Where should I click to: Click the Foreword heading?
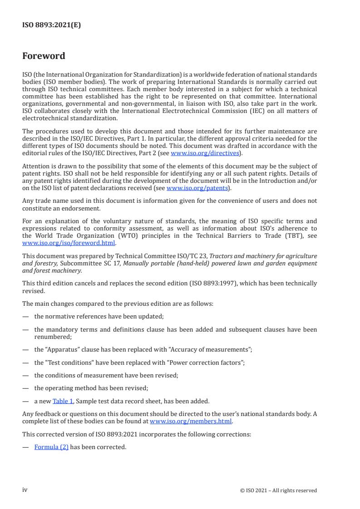(x=44, y=56)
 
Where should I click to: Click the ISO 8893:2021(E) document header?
(x=52, y=25)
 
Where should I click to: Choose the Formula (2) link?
(x=51, y=447)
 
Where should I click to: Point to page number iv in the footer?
(x=25, y=489)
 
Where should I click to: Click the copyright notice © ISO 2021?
(x=279, y=490)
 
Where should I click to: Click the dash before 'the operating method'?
(x=25, y=388)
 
